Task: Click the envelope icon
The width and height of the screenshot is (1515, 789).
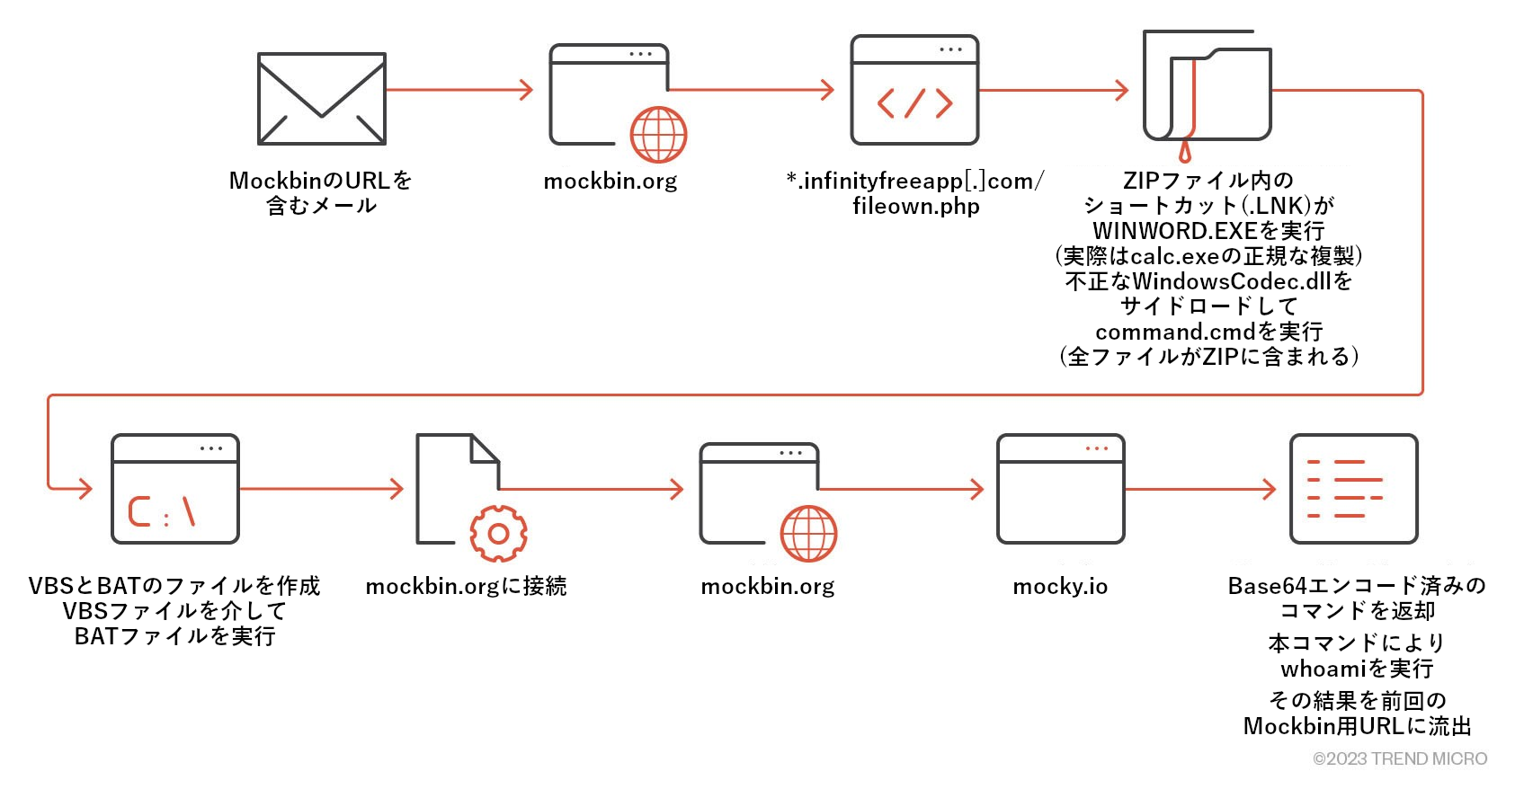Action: point(321,99)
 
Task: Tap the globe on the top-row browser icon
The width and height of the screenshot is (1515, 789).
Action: point(658,135)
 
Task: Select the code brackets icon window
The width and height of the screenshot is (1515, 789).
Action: point(914,91)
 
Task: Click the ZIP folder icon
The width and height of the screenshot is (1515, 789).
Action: point(1208,87)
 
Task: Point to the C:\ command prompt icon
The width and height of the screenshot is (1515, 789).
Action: point(175,490)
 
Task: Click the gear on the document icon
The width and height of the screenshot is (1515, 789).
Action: point(498,534)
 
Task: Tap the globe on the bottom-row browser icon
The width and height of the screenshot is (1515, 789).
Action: point(808,533)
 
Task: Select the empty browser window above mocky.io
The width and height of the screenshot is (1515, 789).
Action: point(1061,490)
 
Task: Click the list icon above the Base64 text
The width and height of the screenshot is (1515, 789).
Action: point(1353,490)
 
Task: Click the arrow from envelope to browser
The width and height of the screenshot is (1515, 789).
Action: point(459,90)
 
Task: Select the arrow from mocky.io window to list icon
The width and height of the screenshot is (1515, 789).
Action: point(1200,490)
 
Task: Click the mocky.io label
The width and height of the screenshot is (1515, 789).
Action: point(1060,587)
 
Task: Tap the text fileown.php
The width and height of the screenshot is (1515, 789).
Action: point(915,206)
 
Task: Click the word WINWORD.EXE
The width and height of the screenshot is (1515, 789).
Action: point(1174,231)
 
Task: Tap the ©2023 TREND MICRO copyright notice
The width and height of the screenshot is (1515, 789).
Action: point(1400,758)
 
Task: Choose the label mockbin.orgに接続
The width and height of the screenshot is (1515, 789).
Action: point(466,587)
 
